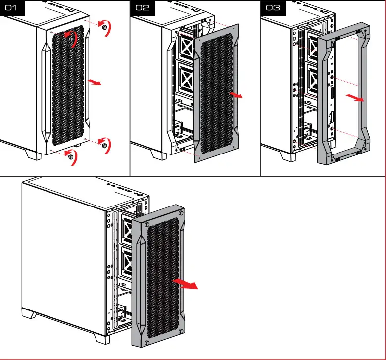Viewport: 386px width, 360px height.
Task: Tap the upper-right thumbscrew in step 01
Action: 104,28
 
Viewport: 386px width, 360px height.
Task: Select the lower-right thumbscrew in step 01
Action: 104,145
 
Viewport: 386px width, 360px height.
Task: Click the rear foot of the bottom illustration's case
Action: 30,314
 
